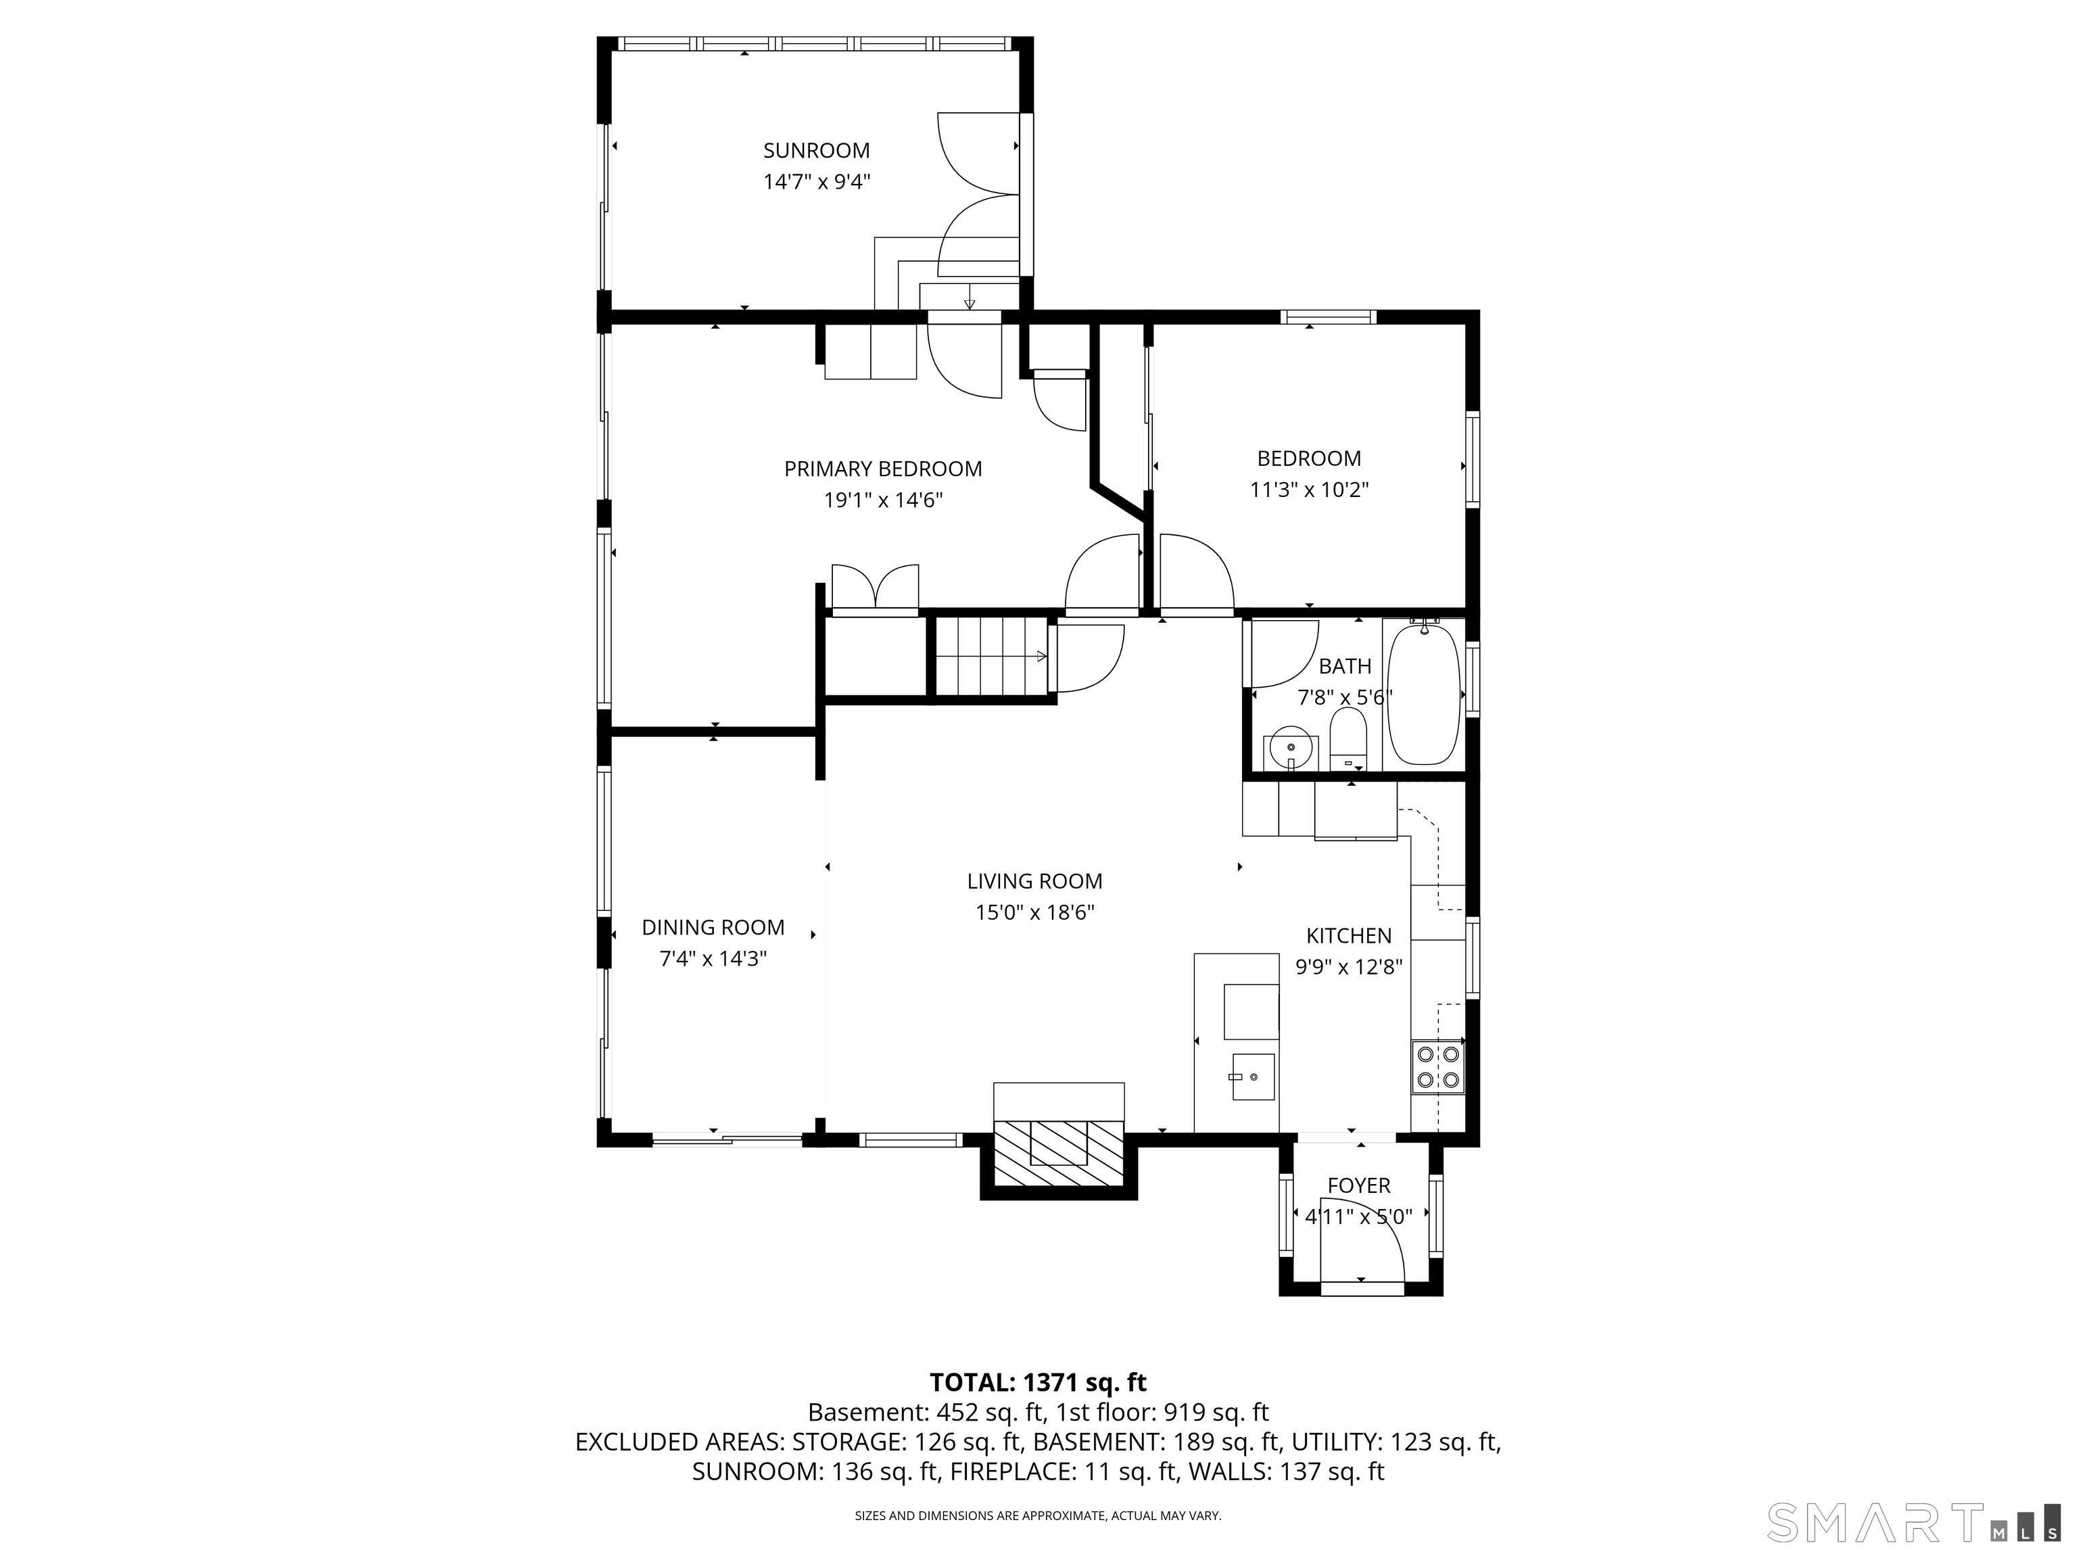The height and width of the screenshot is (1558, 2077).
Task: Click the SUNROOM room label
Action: [x=816, y=150]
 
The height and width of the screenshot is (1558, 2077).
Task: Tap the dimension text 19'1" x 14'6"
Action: [x=882, y=500]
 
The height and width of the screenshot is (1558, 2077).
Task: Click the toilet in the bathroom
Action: [x=1348, y=738]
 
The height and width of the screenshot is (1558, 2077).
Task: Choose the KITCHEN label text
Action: [x=1348, y=935]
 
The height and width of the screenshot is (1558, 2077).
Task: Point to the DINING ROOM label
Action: [x=713, y=927]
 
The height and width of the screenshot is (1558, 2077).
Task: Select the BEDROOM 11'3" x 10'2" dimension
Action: [x=1309, y=490]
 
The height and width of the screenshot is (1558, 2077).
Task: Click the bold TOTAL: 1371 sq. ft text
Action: [x=1038, y=1382]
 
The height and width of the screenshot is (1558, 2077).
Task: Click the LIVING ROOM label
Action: [x=1034, y=881]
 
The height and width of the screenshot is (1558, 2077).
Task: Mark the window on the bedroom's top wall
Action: [x=1329, y=317]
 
